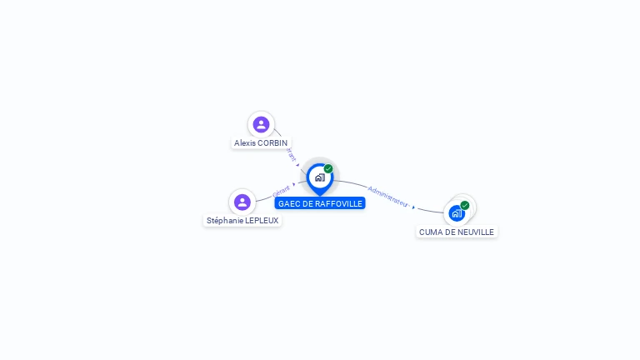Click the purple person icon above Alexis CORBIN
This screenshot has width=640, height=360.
coord(261,124)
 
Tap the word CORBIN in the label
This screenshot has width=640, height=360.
coord(273,143)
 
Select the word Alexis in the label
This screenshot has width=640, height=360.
coord(245,143)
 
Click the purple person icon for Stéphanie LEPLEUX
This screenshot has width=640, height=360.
coord(242,202)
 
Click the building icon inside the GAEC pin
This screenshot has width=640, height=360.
coord(319,177)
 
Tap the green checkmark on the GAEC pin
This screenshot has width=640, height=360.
coord(328,168)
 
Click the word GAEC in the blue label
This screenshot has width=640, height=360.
coord(288,203)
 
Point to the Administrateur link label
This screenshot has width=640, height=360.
coord(387,196)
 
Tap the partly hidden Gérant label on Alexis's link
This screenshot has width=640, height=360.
coord(290,155)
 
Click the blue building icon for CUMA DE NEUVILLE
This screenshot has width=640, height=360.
coord(456,213)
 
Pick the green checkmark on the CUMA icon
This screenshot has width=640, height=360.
coord(465,205)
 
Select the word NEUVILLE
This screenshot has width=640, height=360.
coord(475,232)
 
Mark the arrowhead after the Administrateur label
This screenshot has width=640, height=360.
coord(413,207)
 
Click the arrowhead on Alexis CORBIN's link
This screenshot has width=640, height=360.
coord(297,165)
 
